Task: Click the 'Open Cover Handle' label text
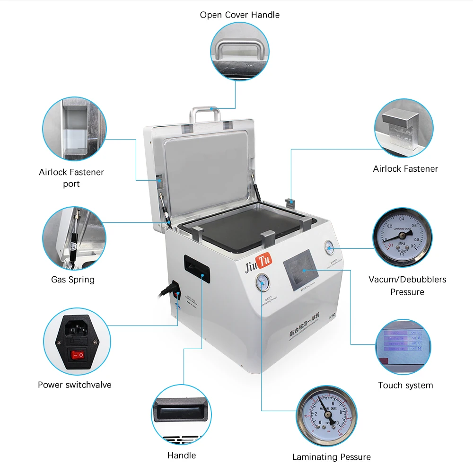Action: [239, 15]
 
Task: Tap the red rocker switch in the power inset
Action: [77, 353]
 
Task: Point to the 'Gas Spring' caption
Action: [73, 280]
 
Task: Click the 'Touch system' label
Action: [405, 385]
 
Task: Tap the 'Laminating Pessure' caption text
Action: [331, 457]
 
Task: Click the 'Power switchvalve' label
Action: [75, 385]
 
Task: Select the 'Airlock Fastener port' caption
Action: [71, 178]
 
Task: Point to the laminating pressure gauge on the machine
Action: [262, 284]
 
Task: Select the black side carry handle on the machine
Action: [195, 269]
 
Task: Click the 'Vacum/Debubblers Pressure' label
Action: [407, 285]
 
